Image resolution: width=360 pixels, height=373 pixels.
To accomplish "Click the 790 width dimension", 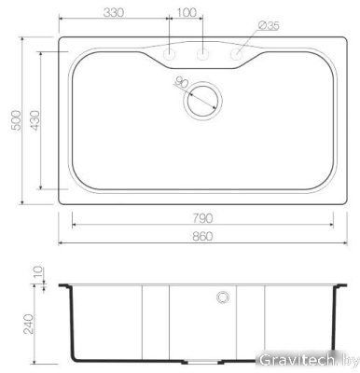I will pyautogui.click(x=203, y=218).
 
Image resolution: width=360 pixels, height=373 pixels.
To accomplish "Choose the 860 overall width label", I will pyautogui.click(x=203, y=235).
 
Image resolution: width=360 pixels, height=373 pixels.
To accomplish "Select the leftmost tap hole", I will pyautogui.click(x=170, y=55).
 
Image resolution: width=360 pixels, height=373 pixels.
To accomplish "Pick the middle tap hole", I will pyautogui.click(x=203, y=55).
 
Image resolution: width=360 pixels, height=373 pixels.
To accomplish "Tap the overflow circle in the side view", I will pyautogui.click(x=223, y=297).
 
